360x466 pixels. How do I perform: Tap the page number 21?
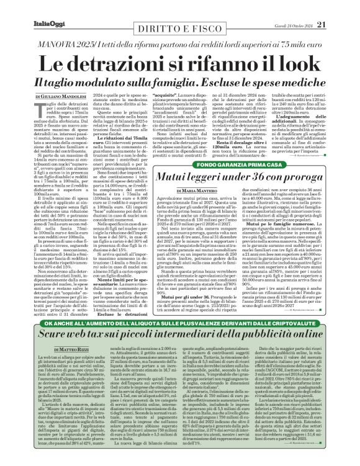click(338, 7)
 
